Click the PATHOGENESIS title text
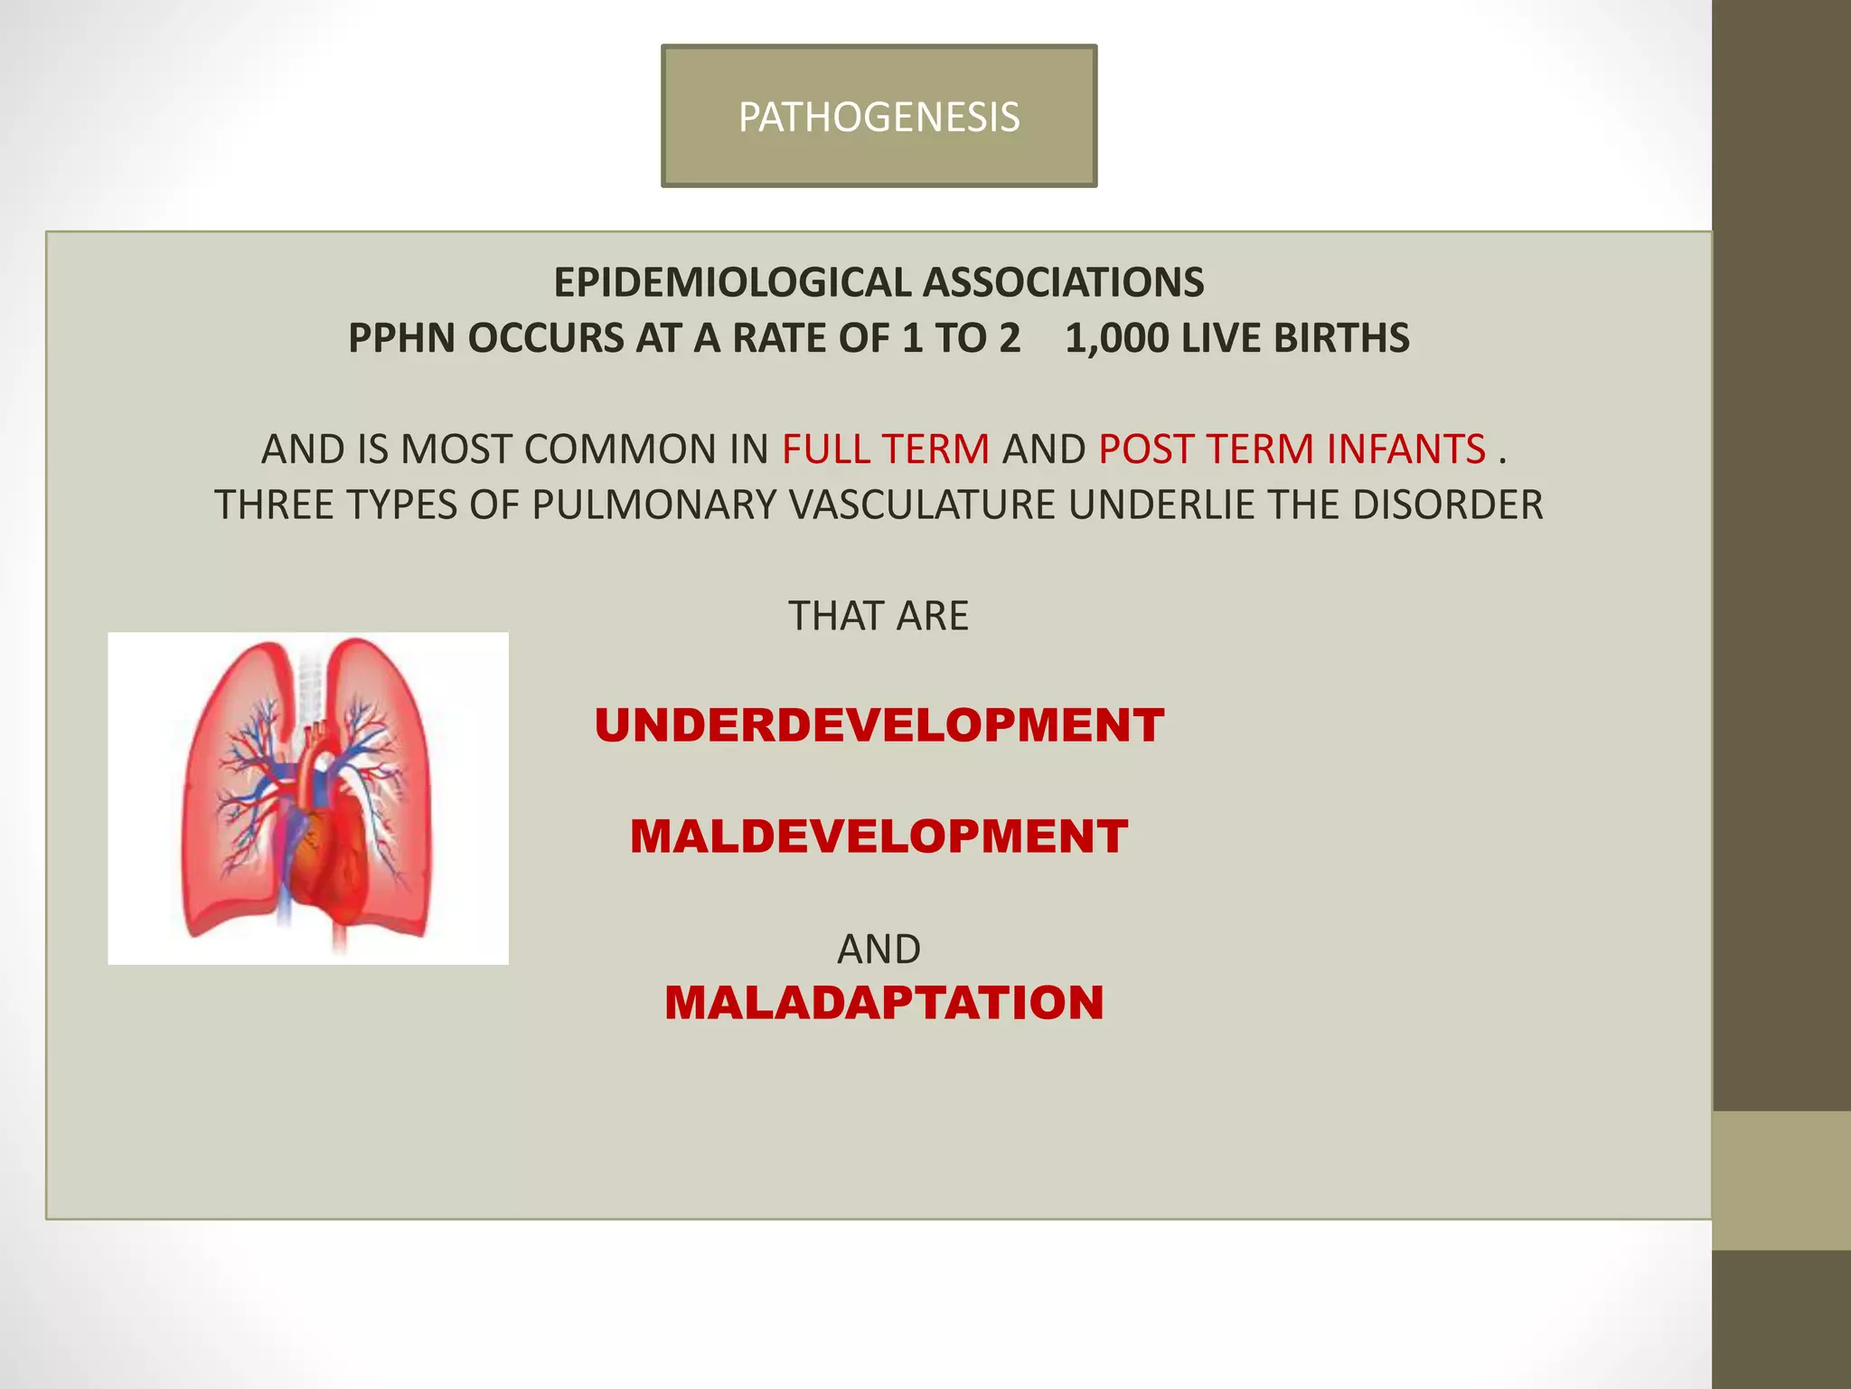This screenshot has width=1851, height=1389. (879, 118)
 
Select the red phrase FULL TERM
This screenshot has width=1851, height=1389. (886, 449)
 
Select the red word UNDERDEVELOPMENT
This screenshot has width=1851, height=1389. (879, 726)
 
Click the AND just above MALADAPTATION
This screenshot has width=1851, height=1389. (879, 950)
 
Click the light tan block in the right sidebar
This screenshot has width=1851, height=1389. (1781, 1179)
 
